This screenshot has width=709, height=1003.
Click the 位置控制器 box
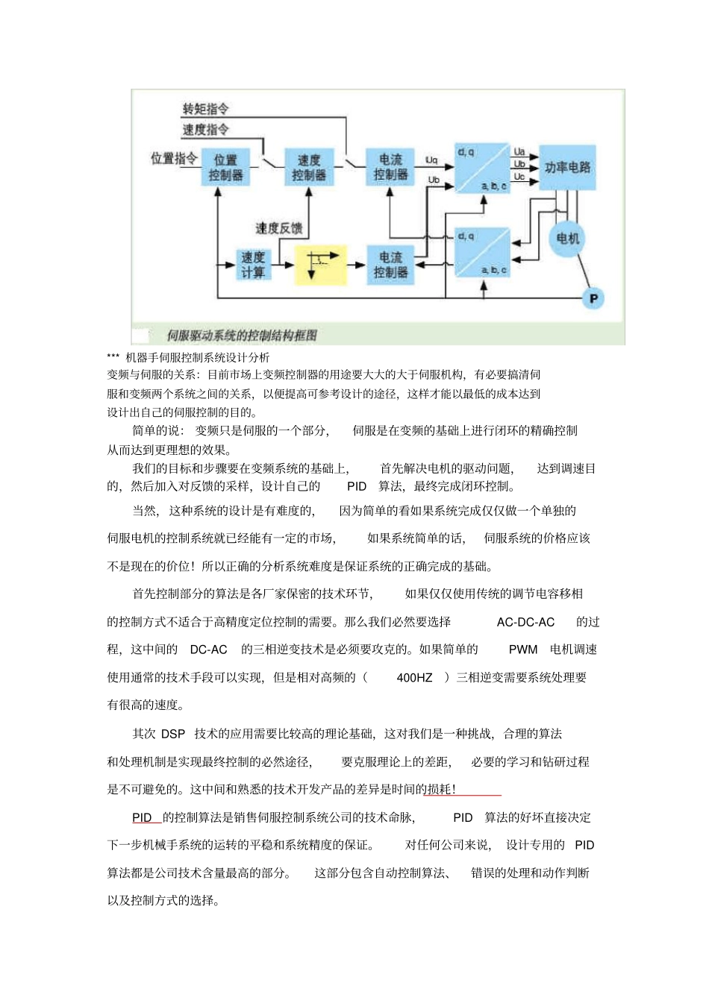(x=225, y=168)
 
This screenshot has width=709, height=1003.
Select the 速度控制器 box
(x=309, y=168)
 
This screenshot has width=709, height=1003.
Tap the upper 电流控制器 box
(x=390, y=167)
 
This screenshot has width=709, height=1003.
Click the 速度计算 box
(x=253, y=265)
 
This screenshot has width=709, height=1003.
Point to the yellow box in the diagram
(x=321, y=265)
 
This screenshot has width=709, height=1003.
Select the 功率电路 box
(x=567, y=167)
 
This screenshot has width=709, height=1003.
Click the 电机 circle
(x=567, y=239)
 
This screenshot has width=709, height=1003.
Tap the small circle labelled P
(x=593, y=298)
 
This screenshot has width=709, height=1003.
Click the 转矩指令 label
(x=206, y=109)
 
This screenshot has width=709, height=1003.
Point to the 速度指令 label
(x=206, y=130)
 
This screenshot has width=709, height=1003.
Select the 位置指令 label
(x=174, y=158)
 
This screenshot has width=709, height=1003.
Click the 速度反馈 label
(x=279, y=228)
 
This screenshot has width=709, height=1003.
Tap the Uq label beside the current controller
(x=431, y=160)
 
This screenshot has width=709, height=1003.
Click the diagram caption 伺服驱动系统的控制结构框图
(x=242, y=336)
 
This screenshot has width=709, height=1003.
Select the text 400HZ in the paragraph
(x=414, y=678)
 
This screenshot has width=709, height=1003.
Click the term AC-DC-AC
(x=525, y=622)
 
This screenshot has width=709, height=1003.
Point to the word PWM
(x=523, y=650)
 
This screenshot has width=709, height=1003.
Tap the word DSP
(x=173, y=734)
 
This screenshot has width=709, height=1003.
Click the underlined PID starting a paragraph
(x=142, y=817)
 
